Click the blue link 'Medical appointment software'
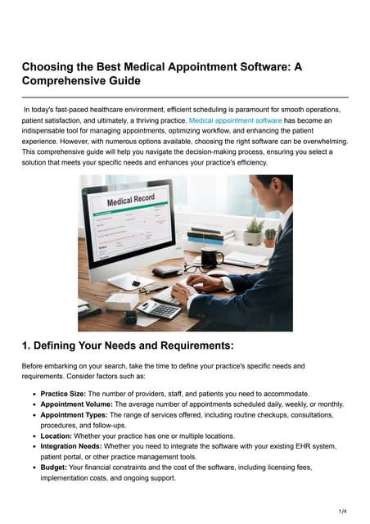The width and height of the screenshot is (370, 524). [x=235, y=120]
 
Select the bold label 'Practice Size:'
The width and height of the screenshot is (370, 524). [x=69, y=394]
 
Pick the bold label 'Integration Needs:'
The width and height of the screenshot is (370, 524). [x=78, y=447]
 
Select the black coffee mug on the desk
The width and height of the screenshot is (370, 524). [x=212, y=258]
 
